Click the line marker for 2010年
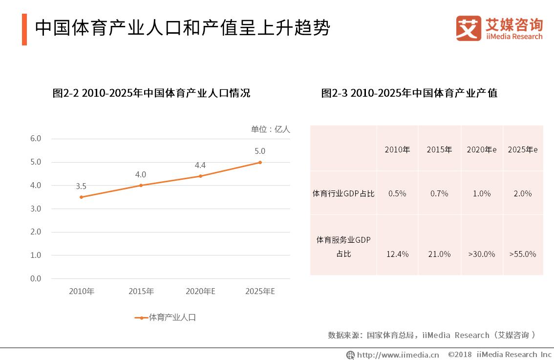point(81,197)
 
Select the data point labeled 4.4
point(200,176)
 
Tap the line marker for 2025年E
point(260,162)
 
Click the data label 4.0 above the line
point(141,174)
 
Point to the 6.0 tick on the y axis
point(36,139)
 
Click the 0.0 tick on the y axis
point(36,278)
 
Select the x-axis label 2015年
point(141,292)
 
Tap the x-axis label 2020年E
point(200,292)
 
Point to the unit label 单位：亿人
point(270,129)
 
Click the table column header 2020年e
point(481,149)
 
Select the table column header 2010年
point(397,149)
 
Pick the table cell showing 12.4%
point(397,254)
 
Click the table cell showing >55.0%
point(522,254)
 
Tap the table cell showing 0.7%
point(439,193)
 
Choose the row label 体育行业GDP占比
point(343,193)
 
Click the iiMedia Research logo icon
point(469,28)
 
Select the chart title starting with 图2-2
point(151,93)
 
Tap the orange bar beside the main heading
point(24,29)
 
